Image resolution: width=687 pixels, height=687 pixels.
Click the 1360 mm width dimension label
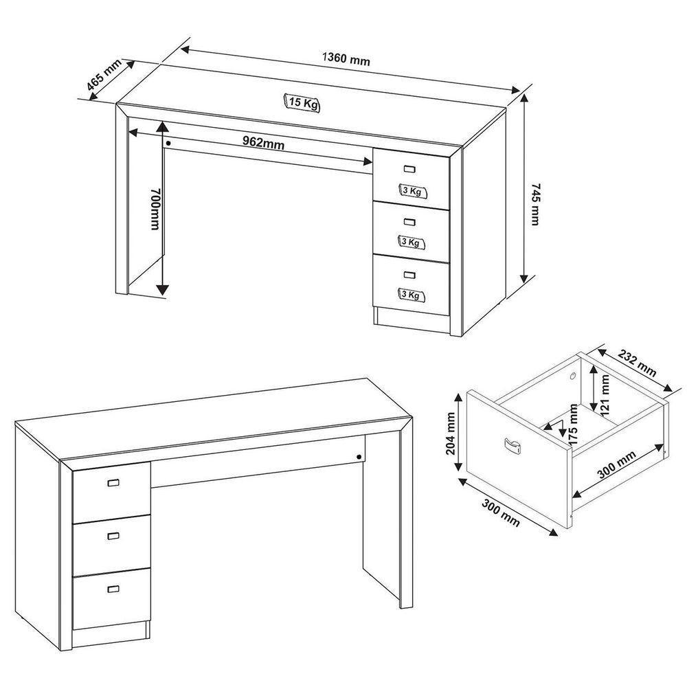tap(346, 59)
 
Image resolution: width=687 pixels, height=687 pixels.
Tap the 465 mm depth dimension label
tap(104, 75)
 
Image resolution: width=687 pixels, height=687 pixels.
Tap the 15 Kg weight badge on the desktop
tap(302, 103)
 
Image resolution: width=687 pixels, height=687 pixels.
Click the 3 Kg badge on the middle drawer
tap(411, 242)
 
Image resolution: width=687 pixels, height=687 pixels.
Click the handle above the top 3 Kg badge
tap(410, 169)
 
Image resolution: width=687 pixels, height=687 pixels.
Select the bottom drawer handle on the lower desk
tap(113, 588)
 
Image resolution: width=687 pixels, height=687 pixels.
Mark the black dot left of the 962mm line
tap(168, 143)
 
